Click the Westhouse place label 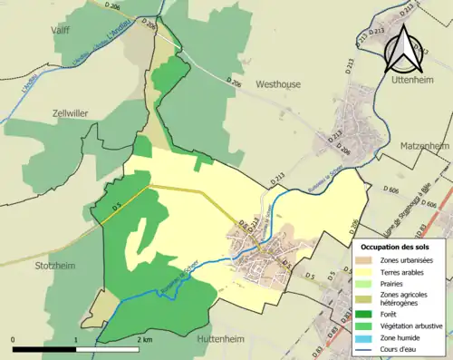(x=282, y=83)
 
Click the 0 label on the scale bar (x=13, y=338)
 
